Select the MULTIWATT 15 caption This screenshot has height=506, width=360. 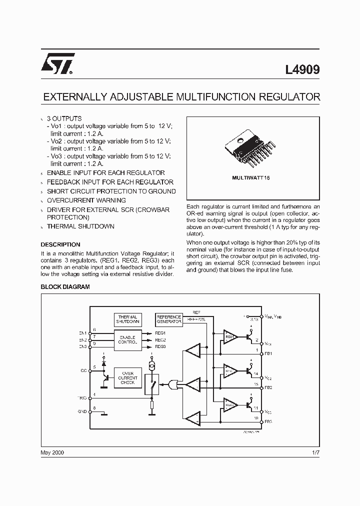coord(250,177)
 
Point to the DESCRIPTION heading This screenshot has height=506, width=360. coord(60,244)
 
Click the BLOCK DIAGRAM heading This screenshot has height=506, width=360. coord(65,287)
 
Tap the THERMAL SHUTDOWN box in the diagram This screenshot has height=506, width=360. coord(128,319)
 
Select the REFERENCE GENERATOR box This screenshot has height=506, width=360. coord(169,319)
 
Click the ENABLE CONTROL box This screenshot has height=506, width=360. coord(128,340)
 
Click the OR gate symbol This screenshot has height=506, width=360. coord(174,384)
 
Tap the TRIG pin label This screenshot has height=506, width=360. coord(82,397)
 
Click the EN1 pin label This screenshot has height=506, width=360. coord(82,333)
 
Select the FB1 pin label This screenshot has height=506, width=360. coord(268,353)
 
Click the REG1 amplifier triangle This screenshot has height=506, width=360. coord(230,337)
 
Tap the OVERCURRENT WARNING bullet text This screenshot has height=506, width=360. coord(86,200)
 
